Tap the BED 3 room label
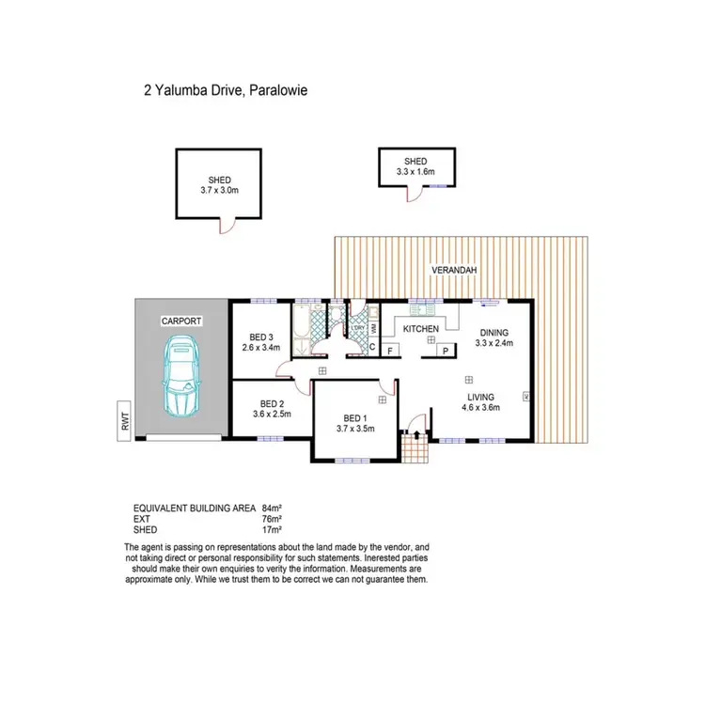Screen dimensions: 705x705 [x=261, y=337]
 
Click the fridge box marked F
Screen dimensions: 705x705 [x=390, y=350]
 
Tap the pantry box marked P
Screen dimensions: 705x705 [x=443, y=350]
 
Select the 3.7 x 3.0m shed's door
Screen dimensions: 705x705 [x=226, y=226]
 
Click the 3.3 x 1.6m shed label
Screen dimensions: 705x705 [x=415, y=166]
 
